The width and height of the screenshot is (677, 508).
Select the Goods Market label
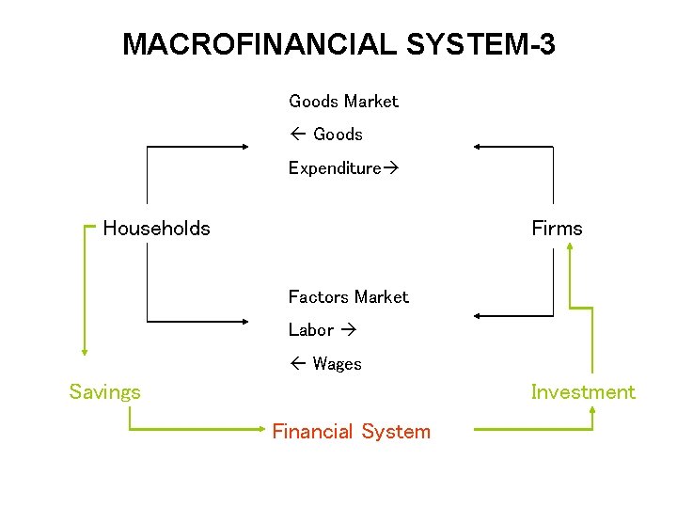pyautogui.click(x=343, y=101)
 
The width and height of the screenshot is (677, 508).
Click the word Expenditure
pyautogui.click(x=334, y=168)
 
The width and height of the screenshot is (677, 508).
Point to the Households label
pyautogui.click(x=156, y=228)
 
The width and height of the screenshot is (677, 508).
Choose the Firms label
pyautogui.click(x=557, y=228)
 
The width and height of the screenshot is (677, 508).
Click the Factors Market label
pyautogui.click(x=348, y=296)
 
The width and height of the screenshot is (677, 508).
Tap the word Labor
pyautogui.click(x=311, y=330)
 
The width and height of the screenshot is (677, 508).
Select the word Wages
pyautogui.click(x=337, y=364)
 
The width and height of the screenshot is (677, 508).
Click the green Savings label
pyautogui.click(x=104, y=392)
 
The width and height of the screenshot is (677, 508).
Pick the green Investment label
pyautogui.click(x=583, y=392)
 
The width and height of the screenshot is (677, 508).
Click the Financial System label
pyautogui.click(x=351, y=432)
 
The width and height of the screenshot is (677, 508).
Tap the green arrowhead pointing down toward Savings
pyautogui.click(x=85, y=351)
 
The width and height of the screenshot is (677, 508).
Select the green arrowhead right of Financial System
pyautogui.click(x=591, y=410)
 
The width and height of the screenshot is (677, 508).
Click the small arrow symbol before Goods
pyautogui.click(x=295, y=135)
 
